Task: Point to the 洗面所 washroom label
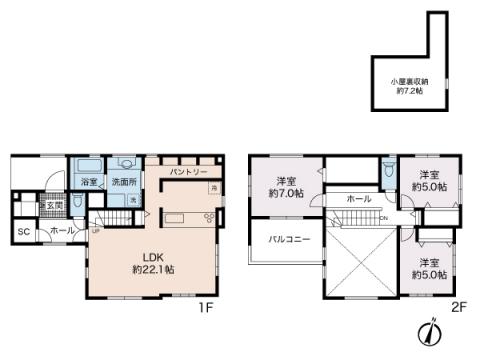coord(124,183)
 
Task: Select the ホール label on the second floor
coord(358,200)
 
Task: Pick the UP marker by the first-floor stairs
coord(96,232)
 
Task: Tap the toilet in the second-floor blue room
coord(389,170)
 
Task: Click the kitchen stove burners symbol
coord(209,217)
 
